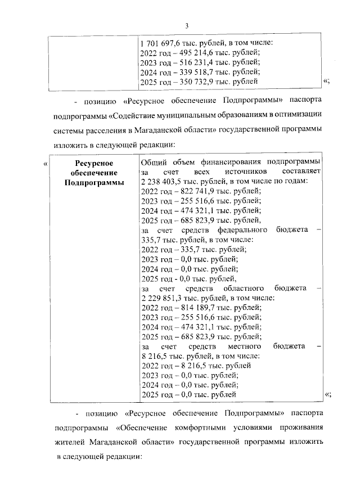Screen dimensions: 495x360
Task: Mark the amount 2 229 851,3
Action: click(x=161, y=298)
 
